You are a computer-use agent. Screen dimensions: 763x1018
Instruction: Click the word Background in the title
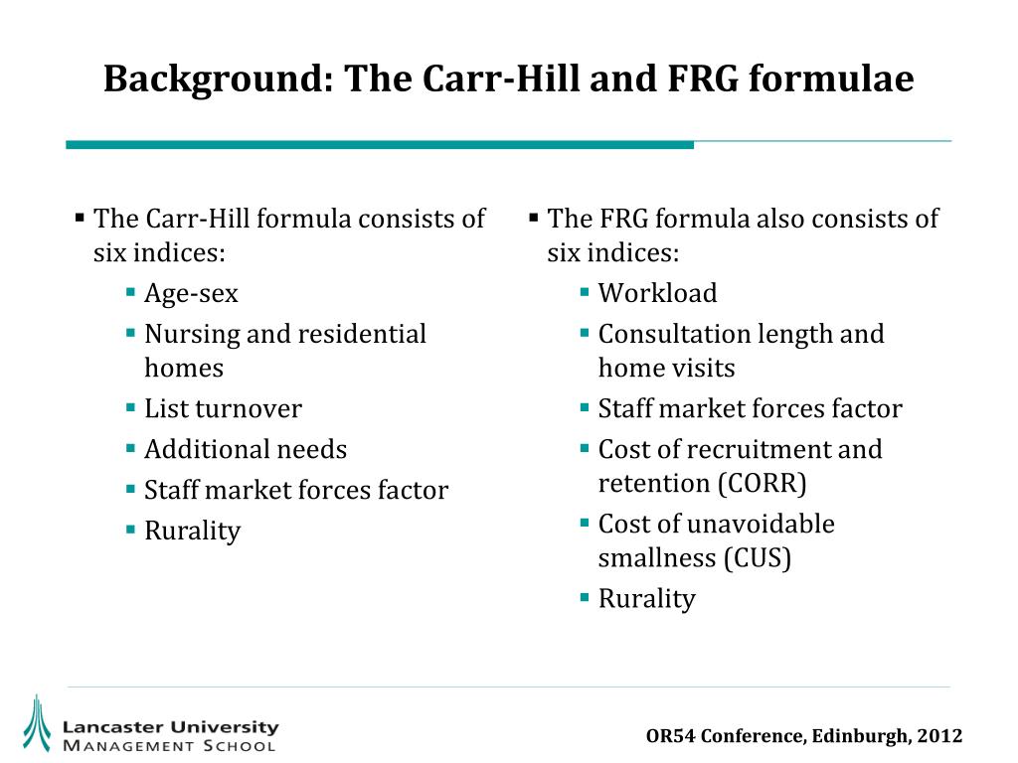(213, 78)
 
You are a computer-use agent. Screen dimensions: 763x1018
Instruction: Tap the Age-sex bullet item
(191, 294)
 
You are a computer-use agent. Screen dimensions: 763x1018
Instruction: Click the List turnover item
(223, 408)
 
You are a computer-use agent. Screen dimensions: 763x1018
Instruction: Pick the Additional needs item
(246, 449)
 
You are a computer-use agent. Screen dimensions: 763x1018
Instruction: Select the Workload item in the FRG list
(657, 294)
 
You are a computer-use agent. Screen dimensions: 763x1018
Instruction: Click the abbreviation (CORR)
(762, 483)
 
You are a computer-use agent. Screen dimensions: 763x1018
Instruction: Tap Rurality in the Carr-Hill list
(192, 531)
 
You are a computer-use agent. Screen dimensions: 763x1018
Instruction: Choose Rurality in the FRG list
(646, 598)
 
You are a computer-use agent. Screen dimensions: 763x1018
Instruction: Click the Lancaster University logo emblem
(37, 722)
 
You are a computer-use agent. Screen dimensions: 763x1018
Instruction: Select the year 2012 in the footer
(939, 736)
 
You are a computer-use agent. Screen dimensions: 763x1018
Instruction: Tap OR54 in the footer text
(669, 736)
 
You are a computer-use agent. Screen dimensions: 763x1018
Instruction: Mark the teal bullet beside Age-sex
(131, 293)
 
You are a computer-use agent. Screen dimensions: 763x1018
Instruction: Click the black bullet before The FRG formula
(534, 217)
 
